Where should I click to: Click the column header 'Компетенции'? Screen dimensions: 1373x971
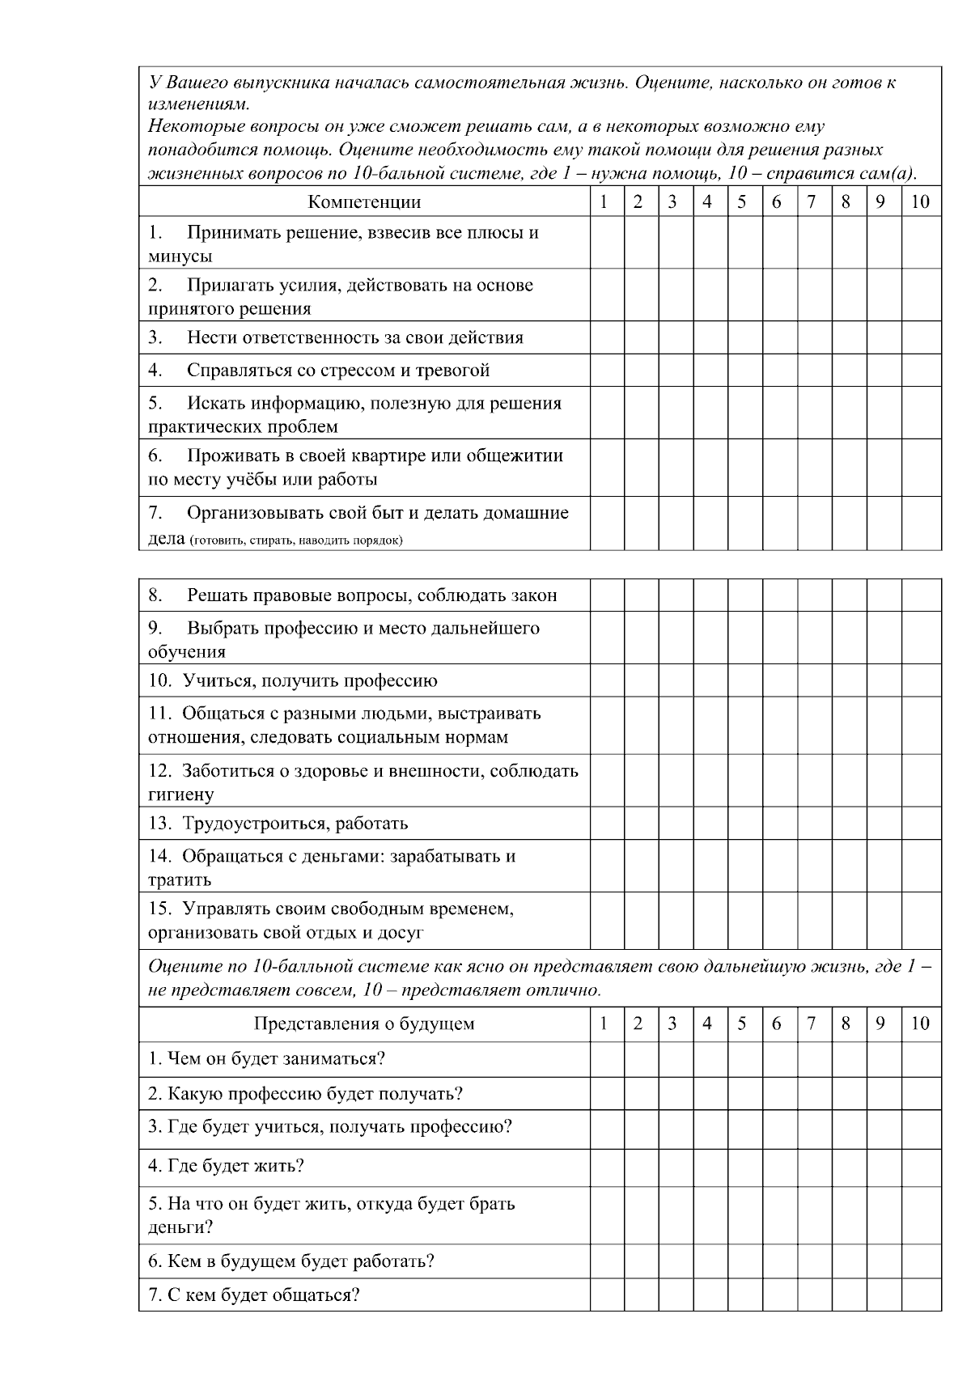[x=364, y=202]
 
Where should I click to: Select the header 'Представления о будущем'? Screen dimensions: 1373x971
[x=364, y=1024]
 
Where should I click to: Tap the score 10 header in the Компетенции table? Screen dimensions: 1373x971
[x=921, y=202]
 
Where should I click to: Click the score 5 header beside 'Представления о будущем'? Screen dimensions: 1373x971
[x=742, y=1024]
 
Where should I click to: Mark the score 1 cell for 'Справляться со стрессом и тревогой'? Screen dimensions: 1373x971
[x=606, y=371]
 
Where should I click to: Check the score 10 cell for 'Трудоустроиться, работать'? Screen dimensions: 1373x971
[x=921, y=824]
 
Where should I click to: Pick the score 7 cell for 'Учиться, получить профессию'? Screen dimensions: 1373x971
[x=812, y=681]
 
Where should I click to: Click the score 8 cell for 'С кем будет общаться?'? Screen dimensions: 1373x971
[x=846, y=1295]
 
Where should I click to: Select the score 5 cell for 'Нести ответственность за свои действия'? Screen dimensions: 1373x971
[x=742, y=338]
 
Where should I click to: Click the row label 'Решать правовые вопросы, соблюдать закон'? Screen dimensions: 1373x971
[x=372, y=596]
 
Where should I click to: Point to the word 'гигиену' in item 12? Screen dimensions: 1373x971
[x=180, y=795]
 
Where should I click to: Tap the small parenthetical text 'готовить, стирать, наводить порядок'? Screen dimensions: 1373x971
[x=296, y=540]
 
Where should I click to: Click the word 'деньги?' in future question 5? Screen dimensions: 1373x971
[x=180, y=1227]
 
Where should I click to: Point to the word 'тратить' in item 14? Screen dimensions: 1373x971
[x=179, y=880]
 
